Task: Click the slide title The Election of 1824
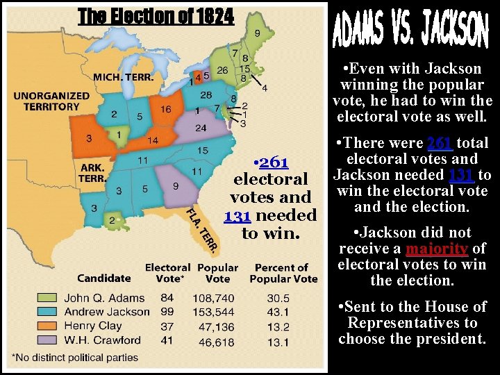tap(156, 16)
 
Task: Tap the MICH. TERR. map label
tap(124, 77)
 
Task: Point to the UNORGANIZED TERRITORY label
tap(51, 101)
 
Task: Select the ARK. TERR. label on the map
tap(92, 172)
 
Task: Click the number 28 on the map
tap(206, 94)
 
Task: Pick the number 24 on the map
tap(201, 128)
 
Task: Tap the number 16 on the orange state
tap(166, 109)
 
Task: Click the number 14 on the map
tap(153, 140)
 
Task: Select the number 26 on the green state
tap(222, 69)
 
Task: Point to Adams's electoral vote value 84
tap(167, 298)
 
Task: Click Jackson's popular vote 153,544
tap(217, 312)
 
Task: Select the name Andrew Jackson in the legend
tap(106, 312)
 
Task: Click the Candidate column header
tap(103, 278)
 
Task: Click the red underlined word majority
tap(437, 249)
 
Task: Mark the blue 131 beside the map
tap(236, 216)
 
